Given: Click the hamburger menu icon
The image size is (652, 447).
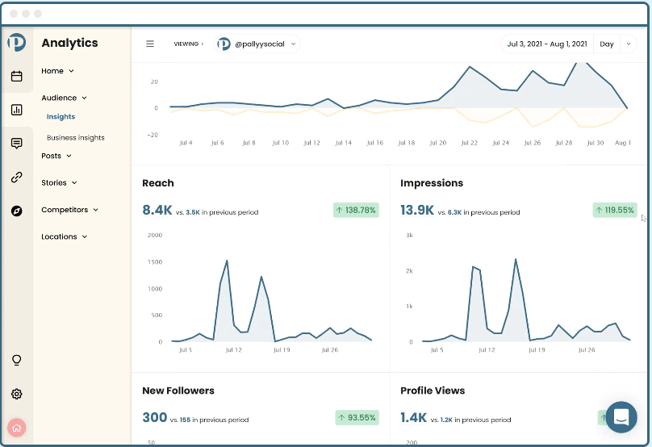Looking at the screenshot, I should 150,44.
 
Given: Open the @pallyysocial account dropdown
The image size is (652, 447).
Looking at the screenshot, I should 258,44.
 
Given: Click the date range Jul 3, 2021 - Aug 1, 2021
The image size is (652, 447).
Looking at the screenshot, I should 546,44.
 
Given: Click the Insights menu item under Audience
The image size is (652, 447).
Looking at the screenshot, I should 61,117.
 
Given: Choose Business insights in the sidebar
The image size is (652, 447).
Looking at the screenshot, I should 75,138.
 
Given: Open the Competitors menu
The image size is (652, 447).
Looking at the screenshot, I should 69,210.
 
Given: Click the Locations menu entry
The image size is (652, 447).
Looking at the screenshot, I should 64,236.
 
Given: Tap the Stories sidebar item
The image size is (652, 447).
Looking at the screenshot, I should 59,183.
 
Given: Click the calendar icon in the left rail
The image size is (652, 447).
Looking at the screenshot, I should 17,77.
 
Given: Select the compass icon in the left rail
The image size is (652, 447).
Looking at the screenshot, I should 17,211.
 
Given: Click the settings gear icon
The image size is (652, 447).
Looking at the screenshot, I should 17,395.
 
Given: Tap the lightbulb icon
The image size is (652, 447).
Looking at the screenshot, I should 17,360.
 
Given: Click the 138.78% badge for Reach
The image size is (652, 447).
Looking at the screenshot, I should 356,210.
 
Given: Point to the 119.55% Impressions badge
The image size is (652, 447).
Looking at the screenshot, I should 614,210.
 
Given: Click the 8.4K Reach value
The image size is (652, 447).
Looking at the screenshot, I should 157,211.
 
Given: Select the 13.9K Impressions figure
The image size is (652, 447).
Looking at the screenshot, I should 418,211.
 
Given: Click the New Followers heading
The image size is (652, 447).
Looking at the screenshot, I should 178,391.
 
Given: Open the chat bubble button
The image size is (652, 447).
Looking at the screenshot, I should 621,417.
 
